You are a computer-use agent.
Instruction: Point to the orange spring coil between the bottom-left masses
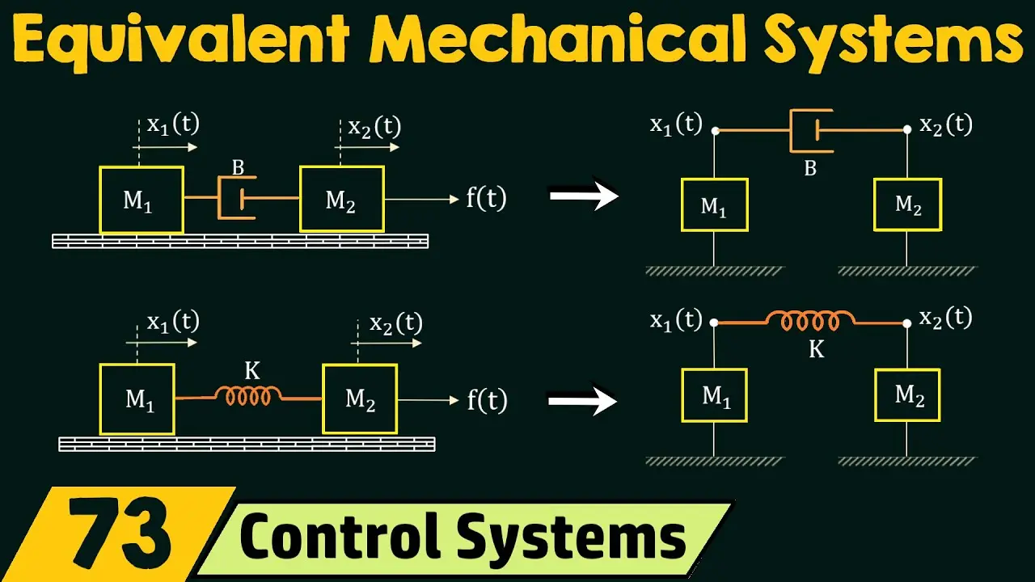pyautogui.click(x=248, y=396)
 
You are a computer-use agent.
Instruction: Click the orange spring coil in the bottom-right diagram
pyautogui.click(x=811, y=321)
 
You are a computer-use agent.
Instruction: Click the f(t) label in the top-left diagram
pyautogui.click(x=486, y=198)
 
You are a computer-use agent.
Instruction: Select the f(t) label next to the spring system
pyautogui.click(x=487, y=399)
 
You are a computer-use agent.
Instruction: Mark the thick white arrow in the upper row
pyautogui.click(x=584, y=196)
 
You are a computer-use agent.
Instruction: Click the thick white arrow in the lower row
pyautogui.click(x=583, y=400)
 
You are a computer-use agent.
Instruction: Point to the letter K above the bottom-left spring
pyautogui.click(x=252, y=370)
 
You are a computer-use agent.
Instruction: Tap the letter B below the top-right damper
pyautogui.click(x=810, y=168)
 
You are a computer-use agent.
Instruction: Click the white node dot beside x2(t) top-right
pyautogui.click(x=907, y=129)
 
